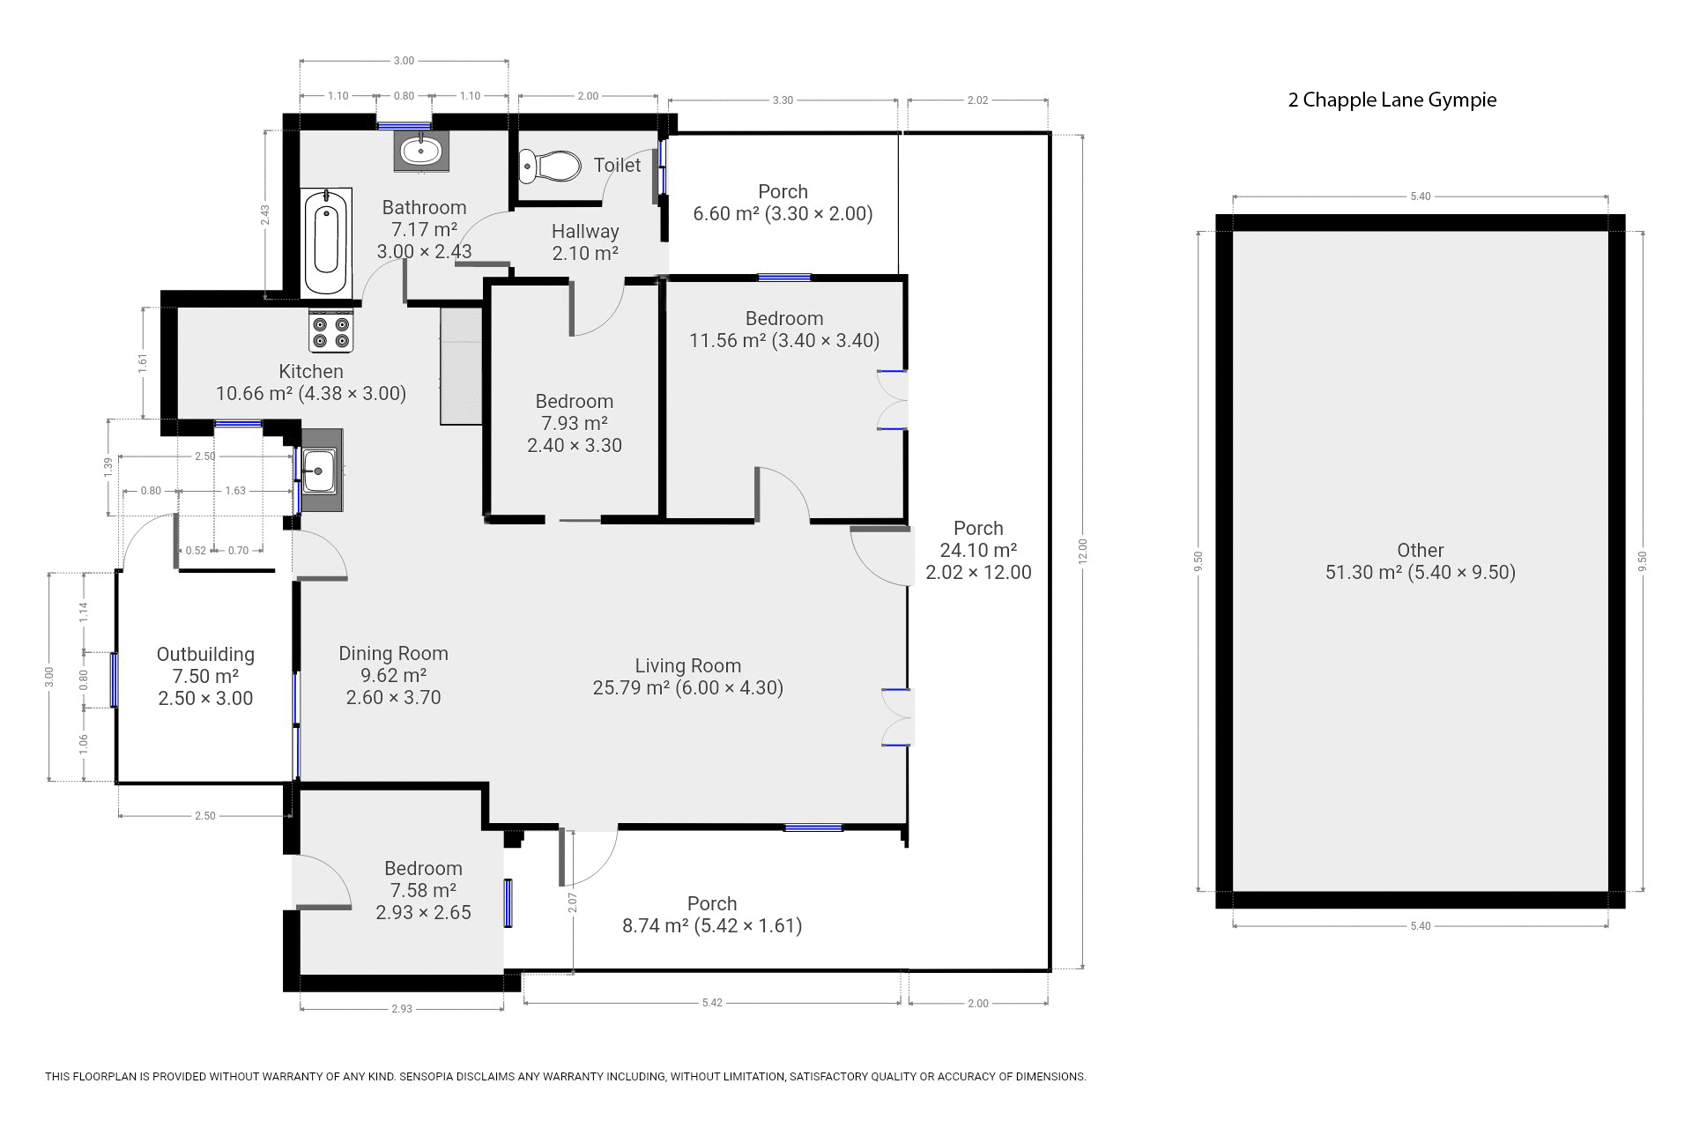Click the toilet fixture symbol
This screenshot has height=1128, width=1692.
tap(550, 165)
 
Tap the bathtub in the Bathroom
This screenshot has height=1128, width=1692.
tap(327, 241)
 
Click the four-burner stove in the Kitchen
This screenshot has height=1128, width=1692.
tap(331, 331)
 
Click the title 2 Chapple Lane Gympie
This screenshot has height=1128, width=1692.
tap(1392, 100)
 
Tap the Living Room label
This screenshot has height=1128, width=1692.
tap(688, 666)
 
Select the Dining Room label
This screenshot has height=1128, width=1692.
tap(394, 654)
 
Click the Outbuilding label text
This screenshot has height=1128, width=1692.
tap(205, 655)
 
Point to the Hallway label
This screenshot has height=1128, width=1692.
tap(585, 232)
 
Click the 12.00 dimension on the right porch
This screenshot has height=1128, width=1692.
tap(1083, 551)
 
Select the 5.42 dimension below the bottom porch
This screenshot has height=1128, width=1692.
tap(712, 1003)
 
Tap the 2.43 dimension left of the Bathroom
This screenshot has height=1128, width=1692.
tap(264, 215)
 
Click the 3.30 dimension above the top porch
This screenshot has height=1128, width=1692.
tap(783, 100)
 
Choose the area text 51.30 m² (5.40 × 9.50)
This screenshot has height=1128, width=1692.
tap(1421, 573)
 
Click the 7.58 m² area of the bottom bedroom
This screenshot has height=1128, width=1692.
tap(423, 891)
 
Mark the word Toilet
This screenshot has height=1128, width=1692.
tap(617, 165)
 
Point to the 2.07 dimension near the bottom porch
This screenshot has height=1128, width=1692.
tap(572, 902)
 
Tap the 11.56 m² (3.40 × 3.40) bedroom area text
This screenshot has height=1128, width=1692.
tap(784, 341)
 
